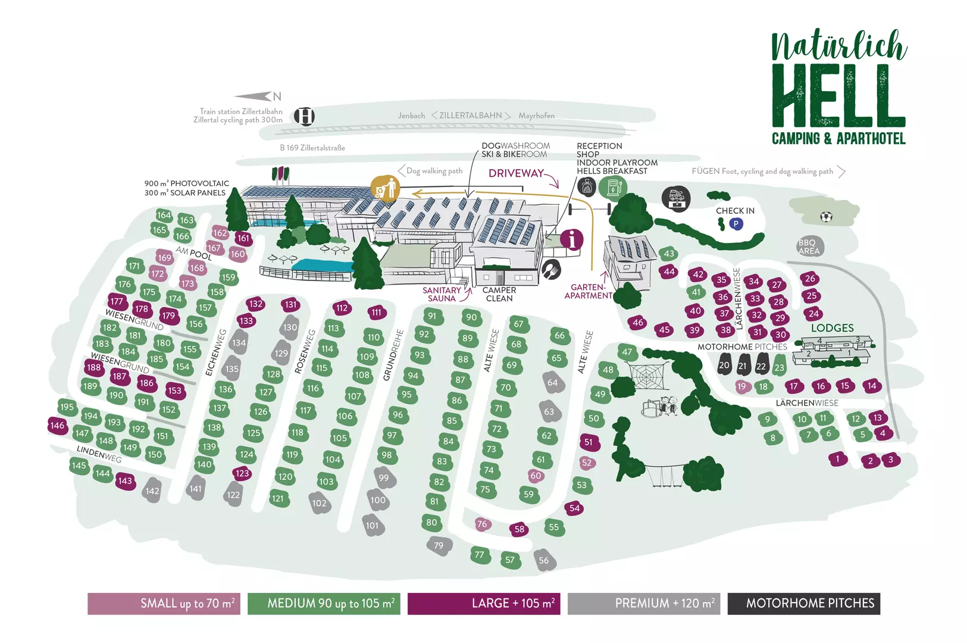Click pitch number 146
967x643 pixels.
point(57,426)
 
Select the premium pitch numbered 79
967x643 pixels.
point(439,545)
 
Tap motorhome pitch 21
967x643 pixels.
point(743,365)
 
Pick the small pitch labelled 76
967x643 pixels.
point(482,525)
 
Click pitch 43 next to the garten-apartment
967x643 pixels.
point(669,254)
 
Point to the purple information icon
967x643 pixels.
point(572,239)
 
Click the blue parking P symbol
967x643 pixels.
point(736,224)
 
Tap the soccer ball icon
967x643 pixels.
point(826,216)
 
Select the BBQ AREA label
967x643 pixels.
point(809,246)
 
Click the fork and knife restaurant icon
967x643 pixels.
point(551,270)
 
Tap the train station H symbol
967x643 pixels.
point(304,116)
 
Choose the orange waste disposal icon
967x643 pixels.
point(385,189)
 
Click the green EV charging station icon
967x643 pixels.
point(612,188)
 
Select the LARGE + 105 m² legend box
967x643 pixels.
point(484,603)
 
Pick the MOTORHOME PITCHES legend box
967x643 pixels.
point(804,603)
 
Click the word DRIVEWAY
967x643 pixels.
point(516,173)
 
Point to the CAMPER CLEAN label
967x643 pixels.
point(499,294)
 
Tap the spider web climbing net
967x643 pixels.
point(646,376)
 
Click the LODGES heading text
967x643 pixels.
point(833,328)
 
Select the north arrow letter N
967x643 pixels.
point(277,96)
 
